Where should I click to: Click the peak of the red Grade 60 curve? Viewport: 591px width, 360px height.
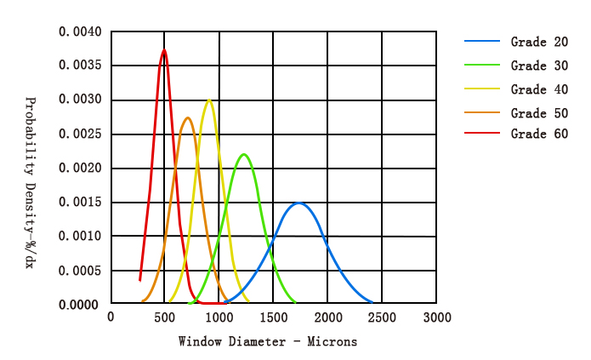(x=164, y=50)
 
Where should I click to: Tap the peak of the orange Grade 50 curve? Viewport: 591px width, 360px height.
(x=188, y=118)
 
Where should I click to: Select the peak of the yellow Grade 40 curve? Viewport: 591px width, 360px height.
(x=209, y=100)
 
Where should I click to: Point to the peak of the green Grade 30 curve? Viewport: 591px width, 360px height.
(x=245, y=154)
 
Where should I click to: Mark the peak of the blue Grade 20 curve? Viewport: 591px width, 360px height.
(x=298, y=203)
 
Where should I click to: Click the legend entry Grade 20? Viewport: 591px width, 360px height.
(x=539, y=42)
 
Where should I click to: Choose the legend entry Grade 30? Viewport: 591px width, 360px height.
(x=539, y=66)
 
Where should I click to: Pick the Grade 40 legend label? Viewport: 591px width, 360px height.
(x=539, y=89)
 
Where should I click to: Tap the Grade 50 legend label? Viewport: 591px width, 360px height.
(x=539, y=113)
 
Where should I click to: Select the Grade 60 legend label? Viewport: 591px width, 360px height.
(x=539, y=134)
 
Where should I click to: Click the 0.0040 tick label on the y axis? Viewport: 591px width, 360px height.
(x=80, y=32)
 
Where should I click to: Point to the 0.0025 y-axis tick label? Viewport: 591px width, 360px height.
(x=80, y=134)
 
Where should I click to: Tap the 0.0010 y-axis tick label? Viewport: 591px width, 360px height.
(x=80, y=237)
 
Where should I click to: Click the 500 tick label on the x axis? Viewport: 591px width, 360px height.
(x=165, y=317)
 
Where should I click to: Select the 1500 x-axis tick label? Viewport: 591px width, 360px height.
(x=274, y=317)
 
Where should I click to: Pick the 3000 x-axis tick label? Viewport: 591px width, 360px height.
(x=437, y=317)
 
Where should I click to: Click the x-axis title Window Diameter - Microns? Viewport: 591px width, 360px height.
(x=268, y=341)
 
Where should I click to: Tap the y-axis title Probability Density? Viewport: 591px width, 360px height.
(x=30, y=183)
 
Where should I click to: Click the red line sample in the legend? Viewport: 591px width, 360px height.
(x=482, y=134)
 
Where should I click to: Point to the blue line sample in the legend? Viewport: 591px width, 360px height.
(x=482, y=42)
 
